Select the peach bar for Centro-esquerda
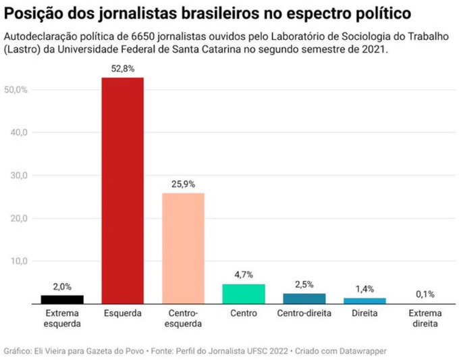coord(183,248)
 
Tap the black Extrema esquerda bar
coord(61,299)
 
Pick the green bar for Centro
coord(244,294)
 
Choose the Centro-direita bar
coord(304,299)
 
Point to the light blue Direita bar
coord(364,301)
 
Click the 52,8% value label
coord(122,69)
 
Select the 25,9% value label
coord(183,184)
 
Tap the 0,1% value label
coord(425,294)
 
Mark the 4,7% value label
coord(244,275)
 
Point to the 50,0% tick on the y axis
coord(16,90)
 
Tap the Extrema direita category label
coord(425,319)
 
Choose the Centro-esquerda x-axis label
coord(183,319)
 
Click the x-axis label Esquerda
coord(122,314)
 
